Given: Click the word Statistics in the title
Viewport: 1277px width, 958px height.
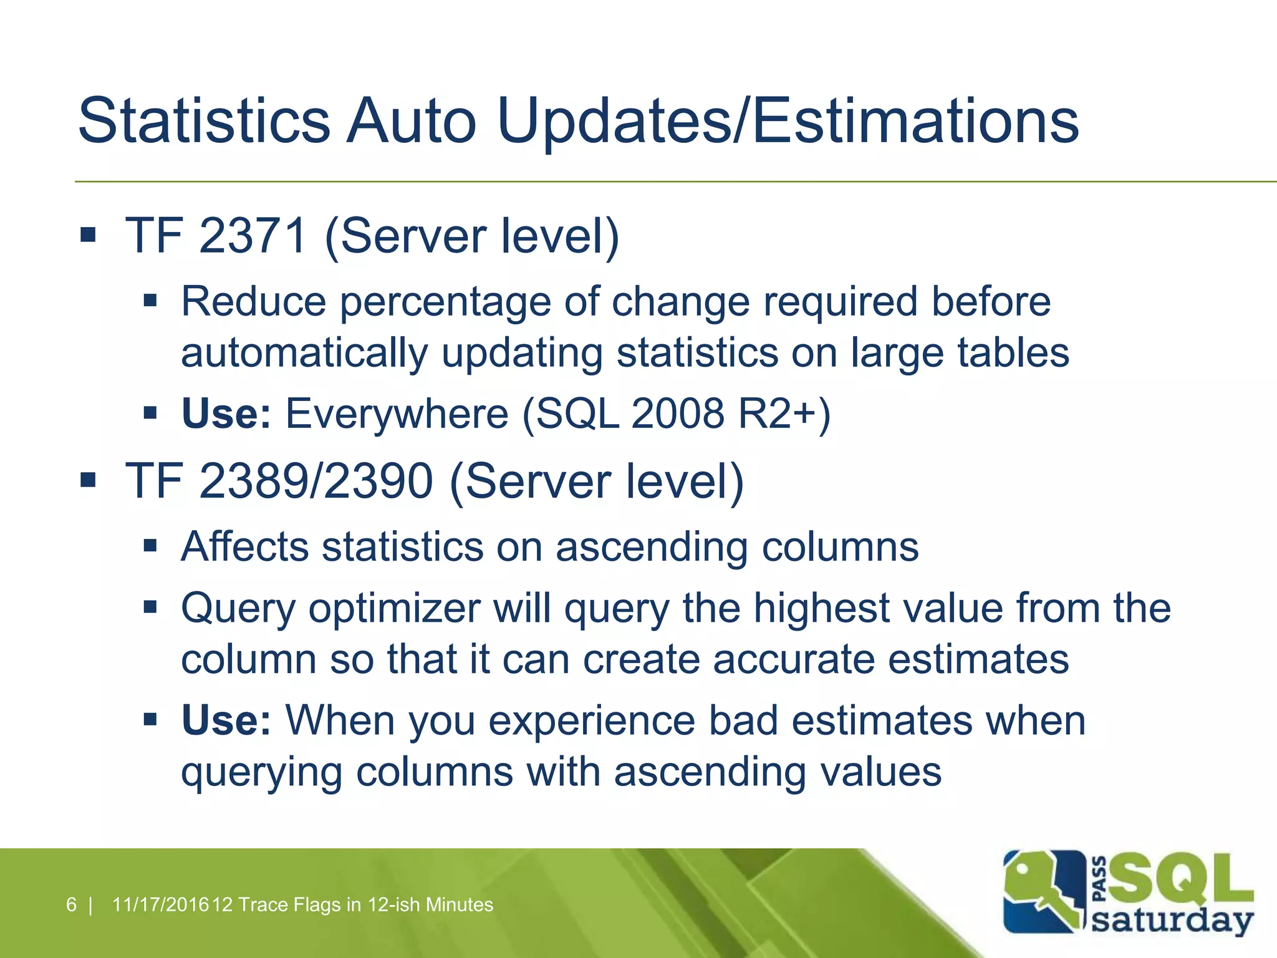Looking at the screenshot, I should click(204, 120).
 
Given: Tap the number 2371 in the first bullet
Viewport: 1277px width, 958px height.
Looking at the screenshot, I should click(253, 236).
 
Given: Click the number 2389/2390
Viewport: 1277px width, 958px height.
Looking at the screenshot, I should click(316, 481).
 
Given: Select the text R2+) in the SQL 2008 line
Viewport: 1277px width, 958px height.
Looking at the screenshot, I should click(784, 414).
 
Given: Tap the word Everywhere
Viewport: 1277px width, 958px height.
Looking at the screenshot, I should click(397, 414).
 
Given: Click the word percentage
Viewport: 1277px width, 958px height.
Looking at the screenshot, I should click(445, 302).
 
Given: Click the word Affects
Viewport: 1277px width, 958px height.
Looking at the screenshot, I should click(244, 547).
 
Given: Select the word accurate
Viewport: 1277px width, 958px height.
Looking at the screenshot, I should click(794, 659).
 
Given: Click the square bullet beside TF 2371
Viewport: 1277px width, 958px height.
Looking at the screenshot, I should click(88, 235).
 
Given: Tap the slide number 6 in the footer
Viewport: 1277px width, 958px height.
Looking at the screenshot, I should click(71, 904).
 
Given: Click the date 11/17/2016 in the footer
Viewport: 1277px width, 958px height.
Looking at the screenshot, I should click(160, 904).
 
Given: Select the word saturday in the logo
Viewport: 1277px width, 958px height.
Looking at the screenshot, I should click(1172, 921).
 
